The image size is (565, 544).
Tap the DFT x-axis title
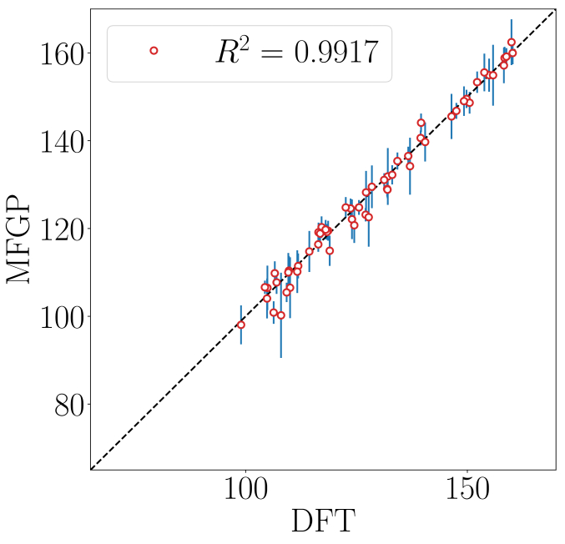pos(322,523)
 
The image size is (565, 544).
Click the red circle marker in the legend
pos(154,51)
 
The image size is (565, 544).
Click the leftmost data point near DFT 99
pos(241,325)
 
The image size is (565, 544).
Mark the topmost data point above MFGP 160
pos(512,42)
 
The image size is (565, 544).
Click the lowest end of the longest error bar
pos(281,358)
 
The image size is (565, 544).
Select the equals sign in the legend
pos(267,53)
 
